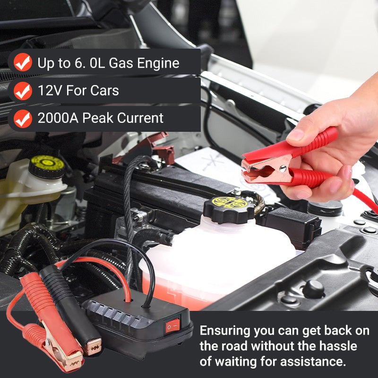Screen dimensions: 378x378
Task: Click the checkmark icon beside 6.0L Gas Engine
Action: pyautogui.click(x=23, y=63)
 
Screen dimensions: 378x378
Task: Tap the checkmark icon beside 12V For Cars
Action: pyautogui.click(x=23, y=91)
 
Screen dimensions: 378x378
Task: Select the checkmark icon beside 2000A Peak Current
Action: pyautogui.click(x=23, y=119)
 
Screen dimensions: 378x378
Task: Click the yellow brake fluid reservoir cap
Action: pyautogui.click(x=46, y=166)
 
